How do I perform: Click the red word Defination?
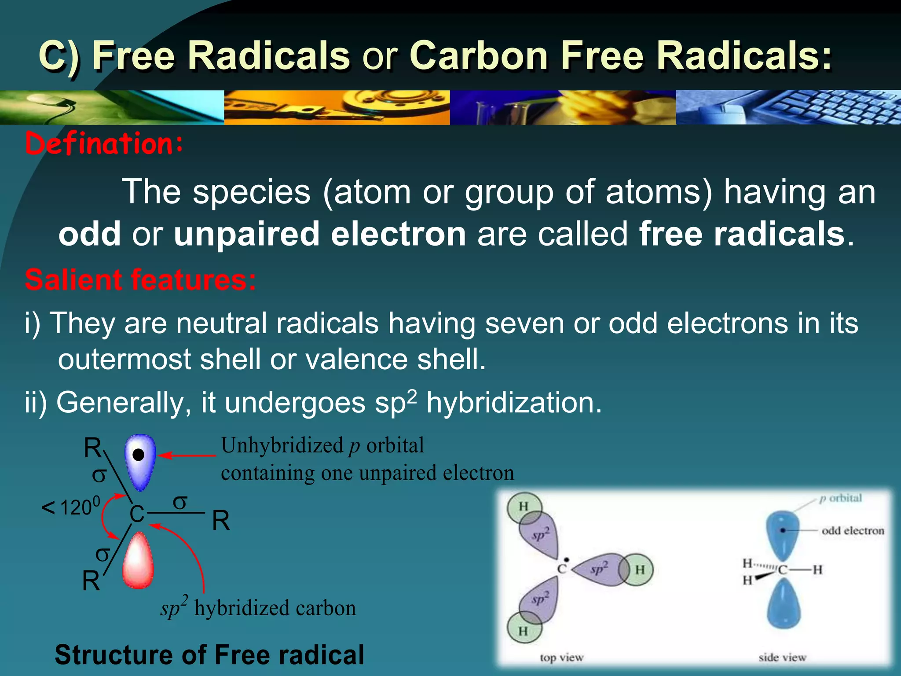(103, 143)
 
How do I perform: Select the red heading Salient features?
(140, 280)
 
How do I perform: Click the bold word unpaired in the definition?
(246, 234)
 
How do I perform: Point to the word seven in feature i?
(524, 323)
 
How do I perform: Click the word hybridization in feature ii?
(513, 402)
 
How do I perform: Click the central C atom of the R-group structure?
(137, 514)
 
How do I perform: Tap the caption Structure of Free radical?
(209, 654)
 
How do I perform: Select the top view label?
(561, 658)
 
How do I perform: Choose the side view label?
(782, 658)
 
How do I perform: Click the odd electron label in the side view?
(853, 530)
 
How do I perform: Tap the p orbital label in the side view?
(840, 498)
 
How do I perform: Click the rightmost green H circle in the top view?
(639, 569)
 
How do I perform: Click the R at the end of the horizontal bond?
(221, 521)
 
